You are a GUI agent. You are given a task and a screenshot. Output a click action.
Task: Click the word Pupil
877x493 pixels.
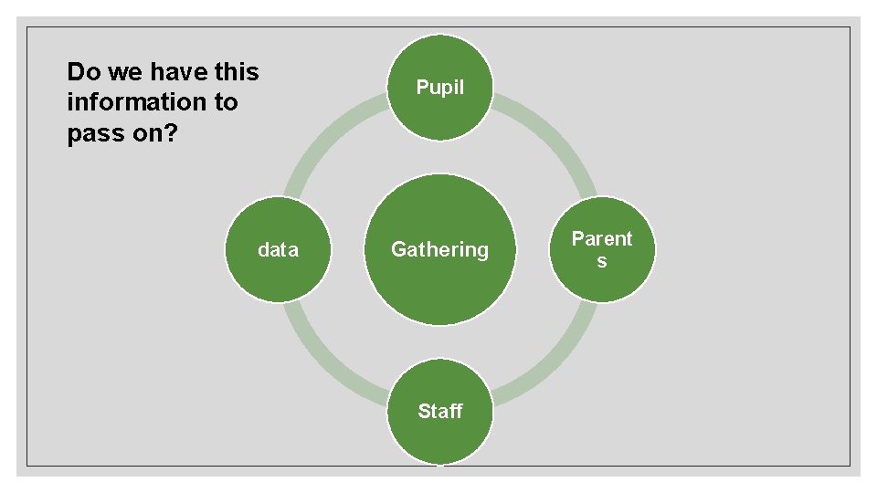tap(440, 88)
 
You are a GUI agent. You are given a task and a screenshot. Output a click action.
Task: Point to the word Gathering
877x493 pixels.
tap(440, 249)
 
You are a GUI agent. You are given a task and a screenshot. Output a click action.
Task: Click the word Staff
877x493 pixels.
tap(440, 411)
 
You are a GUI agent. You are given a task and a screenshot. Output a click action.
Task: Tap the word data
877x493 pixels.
tap(278, 249)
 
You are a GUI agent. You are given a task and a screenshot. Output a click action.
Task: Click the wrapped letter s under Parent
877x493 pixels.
tap(601, 261)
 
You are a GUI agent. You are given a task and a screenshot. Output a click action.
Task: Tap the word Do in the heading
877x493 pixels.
tap(82, 71)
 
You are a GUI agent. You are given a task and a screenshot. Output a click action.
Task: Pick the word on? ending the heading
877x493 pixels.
tap(153, 134)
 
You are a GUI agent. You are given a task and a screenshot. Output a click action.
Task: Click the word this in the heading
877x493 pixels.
tap(238, 71)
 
